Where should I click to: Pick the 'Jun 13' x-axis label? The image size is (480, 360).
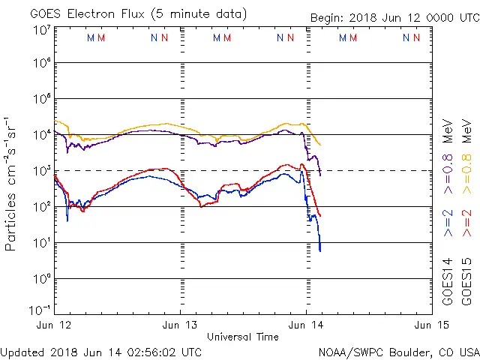[x=180, y=325]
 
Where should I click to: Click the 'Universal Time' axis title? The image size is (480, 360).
[x=242, y=337]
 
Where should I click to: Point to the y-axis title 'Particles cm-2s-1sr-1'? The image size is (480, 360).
[x=13, y=183]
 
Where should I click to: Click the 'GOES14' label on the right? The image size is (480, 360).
[x=448, y=280]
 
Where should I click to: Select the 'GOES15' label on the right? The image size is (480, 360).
[x=467, y=280]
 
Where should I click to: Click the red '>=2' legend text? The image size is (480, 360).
[x=467, y=223]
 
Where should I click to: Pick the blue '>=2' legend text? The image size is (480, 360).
[x=448, y=223]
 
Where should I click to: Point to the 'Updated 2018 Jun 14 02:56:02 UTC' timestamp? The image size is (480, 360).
[x=100, y=351]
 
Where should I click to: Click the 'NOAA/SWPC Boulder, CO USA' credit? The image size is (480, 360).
[x=398, y=351]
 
